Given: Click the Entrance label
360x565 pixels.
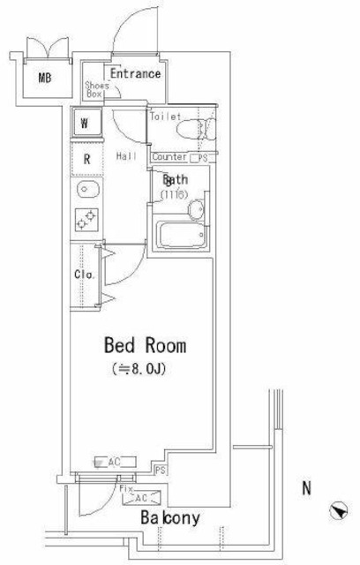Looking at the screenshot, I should click(135, 74).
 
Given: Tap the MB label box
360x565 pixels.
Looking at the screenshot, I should click(44, 79).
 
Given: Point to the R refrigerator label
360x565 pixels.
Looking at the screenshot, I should click(86, 160).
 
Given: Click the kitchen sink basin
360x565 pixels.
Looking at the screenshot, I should click(86, 190).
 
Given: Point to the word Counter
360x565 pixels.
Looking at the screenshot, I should click(169, 157).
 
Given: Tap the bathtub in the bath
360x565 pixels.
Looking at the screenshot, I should click(182, 237).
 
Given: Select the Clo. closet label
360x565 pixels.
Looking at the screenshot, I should click(82, 273).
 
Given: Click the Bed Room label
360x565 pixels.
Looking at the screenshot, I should click(146, 345).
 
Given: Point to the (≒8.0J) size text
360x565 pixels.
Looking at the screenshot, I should click(141, 368).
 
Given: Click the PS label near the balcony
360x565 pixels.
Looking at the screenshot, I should click(161, 470).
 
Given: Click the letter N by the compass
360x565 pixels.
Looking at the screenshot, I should click(306, 486).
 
